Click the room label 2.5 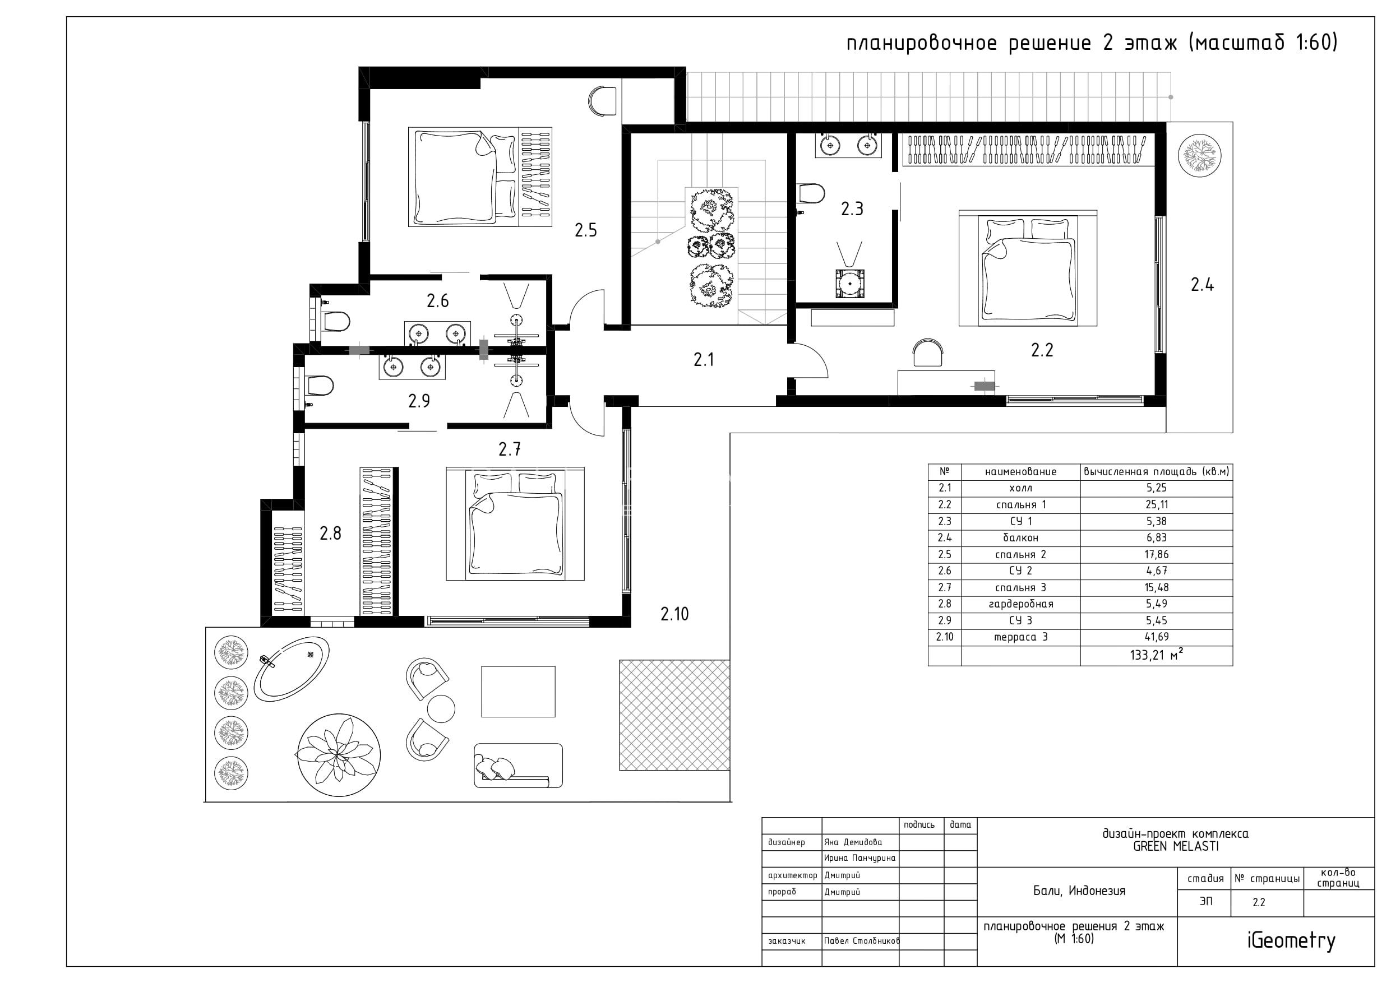coord(586,230)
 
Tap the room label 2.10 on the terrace coord(674,614)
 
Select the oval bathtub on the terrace coord(292,669)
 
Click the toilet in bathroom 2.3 coord(812,194)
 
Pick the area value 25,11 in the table coord(1157,504)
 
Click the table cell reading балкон coord(1020,538)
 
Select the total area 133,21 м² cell coord(1157,655)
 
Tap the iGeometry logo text coord(1291,940)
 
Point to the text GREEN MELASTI coord(1175,847)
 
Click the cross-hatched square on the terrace coord(674,715)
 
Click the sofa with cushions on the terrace coord(518,766)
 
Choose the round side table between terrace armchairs coord(441,708)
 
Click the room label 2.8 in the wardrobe coord(330,533)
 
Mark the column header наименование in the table coord(1020,472)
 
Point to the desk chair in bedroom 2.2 coord(928,353)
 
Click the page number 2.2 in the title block coord(1259,902)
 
